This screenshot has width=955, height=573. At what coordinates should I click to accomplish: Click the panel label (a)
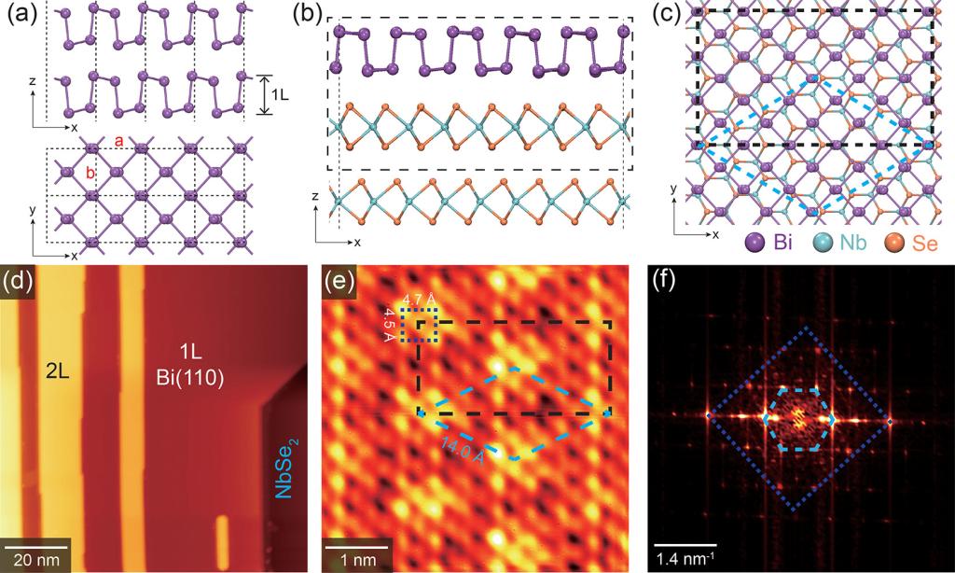(21, 16)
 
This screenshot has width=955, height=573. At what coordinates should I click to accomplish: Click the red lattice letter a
(118, 139)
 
